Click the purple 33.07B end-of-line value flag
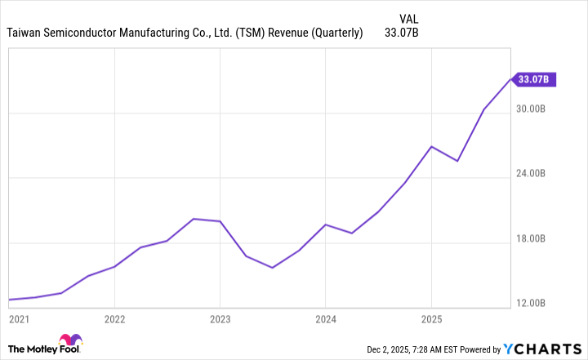point(537,79)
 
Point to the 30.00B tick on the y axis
point(537,109)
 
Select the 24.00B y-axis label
point(537,174)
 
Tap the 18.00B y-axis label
point(537,239)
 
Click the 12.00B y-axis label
point(537,304)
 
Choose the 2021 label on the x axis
point(18,318)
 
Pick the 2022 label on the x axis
point(114,318)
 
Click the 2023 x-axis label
point(220,318)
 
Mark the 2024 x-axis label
point(325,318)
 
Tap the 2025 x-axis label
point(431,318)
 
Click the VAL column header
point(411,18)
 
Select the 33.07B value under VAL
point(401,33)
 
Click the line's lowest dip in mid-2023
point(272,268)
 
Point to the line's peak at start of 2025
point(431,146)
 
